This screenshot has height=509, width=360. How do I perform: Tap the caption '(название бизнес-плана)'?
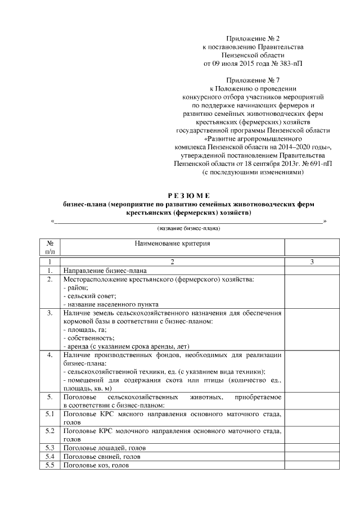click(x=188, y=229)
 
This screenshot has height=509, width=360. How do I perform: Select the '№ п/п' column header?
click(x=50, y=247)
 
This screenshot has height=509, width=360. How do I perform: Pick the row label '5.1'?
click(x=50, y=414)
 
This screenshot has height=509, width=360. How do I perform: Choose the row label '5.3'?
click(x=50, y=448)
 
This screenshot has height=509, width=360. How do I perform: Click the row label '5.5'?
click(x=50, y=465)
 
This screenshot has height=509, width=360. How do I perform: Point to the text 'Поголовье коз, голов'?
click(x=93, y=465)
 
